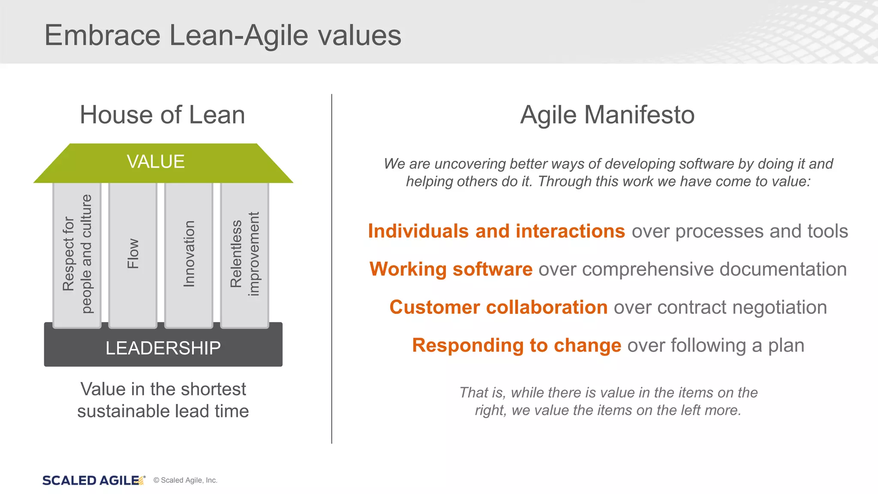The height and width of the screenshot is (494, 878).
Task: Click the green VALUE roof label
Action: (156, 162)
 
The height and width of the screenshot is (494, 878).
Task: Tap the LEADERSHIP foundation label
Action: (163, 348)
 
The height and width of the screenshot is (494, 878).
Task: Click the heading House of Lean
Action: (162, 115)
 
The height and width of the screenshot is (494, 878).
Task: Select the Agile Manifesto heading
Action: (607, 115)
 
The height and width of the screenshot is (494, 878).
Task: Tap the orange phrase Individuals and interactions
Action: (496, 231)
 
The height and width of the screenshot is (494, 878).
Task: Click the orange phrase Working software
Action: (451, 269)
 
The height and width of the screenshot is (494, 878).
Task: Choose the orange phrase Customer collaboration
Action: (498, 307)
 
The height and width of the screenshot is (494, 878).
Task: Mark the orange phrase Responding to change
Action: (516, 346)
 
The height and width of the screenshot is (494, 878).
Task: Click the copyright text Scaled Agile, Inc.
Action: (185, 480)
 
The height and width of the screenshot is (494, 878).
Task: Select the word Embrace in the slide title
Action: (102, 35)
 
